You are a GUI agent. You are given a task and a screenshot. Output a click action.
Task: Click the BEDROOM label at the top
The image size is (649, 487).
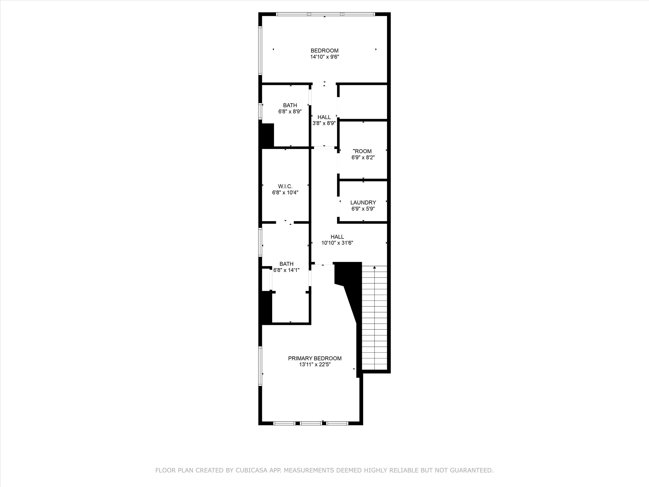324,50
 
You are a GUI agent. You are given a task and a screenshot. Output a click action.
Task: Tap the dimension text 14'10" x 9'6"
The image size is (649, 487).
324,57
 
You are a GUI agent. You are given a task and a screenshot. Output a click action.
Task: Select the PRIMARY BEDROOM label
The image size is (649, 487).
315,358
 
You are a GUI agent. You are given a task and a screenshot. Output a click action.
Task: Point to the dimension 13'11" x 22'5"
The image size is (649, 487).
315,365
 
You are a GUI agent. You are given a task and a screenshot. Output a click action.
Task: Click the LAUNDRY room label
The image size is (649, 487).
363,203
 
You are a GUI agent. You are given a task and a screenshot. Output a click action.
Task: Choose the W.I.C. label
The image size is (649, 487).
285,186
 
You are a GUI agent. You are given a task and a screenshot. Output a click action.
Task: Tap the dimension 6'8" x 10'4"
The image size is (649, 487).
285,192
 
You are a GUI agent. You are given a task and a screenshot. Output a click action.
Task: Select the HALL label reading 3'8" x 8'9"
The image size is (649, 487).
324,117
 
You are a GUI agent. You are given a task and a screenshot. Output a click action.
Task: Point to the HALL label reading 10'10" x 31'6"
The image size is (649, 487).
337,237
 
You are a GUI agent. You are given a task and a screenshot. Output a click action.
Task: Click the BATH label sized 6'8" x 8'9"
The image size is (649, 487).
290,105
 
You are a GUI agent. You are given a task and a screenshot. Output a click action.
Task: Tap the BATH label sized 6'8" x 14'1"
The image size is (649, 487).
286,264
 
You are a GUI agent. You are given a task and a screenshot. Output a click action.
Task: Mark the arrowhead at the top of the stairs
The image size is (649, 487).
374,268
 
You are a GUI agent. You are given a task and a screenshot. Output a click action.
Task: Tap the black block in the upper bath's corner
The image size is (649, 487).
267,135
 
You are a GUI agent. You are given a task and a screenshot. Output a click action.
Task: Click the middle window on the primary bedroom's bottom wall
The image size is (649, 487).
311,423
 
